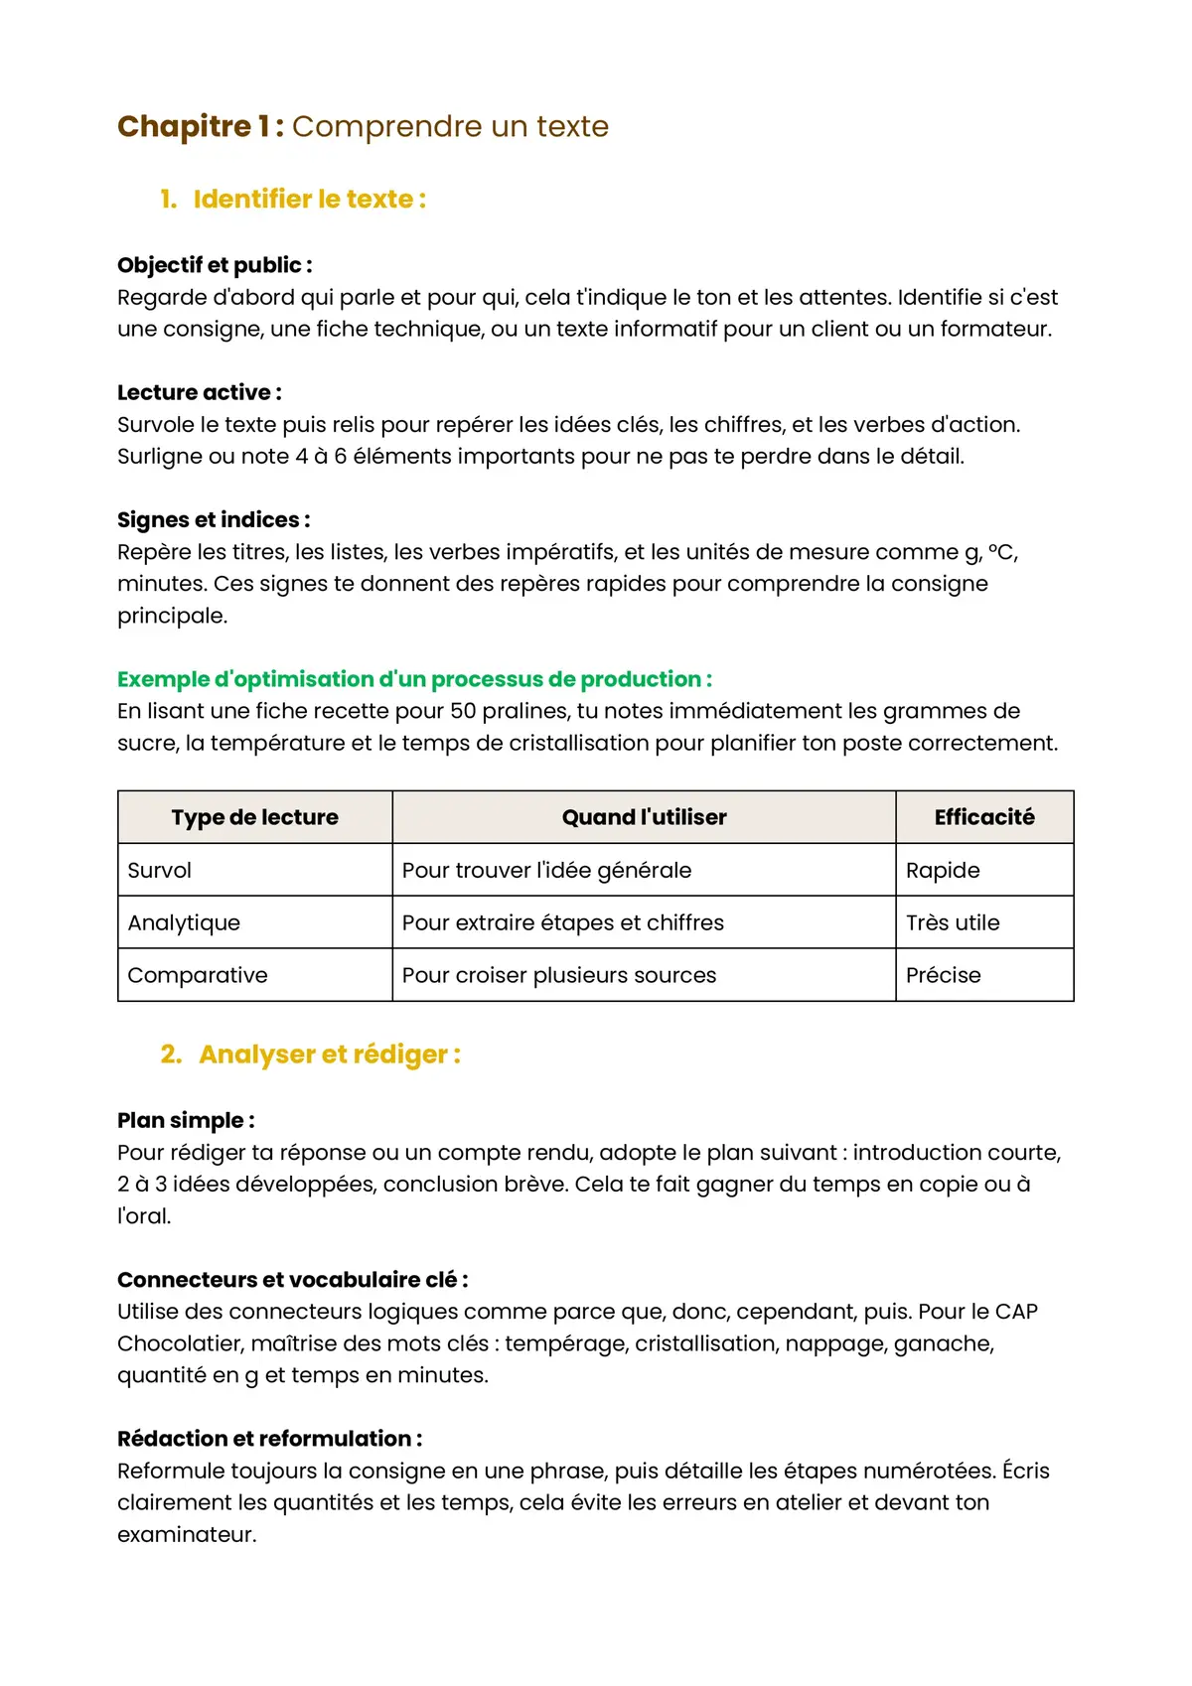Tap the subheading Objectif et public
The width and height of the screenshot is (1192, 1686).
coord(215,265)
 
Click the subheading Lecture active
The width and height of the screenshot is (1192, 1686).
coord(199,392)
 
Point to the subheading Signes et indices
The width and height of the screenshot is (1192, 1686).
coord(214,519)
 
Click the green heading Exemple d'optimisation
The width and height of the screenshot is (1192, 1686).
coord(414,679)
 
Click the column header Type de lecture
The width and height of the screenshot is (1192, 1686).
coord(254,817)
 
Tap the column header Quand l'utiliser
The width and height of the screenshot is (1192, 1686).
coord(644,817)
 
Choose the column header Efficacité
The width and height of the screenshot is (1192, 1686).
coord(983,817)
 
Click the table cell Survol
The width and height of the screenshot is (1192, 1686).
coord(160,870)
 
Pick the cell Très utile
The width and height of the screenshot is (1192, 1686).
coord(952,922)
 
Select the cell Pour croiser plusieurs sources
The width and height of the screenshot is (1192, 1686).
coord(558,975)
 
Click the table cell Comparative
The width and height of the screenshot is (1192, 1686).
coord(198,975)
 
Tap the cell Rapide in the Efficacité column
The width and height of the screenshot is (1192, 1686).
coord(942,870)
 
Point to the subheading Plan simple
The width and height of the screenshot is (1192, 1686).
coord(186,1120)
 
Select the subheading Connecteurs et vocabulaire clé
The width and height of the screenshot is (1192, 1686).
coord(292,1280)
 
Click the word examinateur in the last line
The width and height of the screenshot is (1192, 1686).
coord(187,1534)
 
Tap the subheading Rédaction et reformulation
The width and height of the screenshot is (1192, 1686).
coord(269,1439)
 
